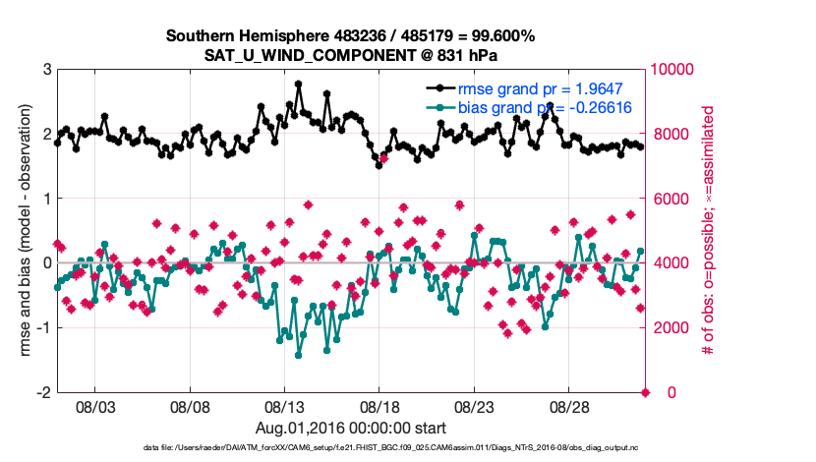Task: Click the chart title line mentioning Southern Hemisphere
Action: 350,36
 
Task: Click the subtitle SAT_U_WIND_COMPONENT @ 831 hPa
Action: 350,54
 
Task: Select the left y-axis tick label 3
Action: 46,70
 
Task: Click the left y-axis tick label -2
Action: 43,392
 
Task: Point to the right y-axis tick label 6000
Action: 670,199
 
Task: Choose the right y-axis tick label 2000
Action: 670,327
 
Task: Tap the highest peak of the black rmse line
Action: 298,85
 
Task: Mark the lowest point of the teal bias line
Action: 298,355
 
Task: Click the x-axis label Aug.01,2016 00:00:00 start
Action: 350,429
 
